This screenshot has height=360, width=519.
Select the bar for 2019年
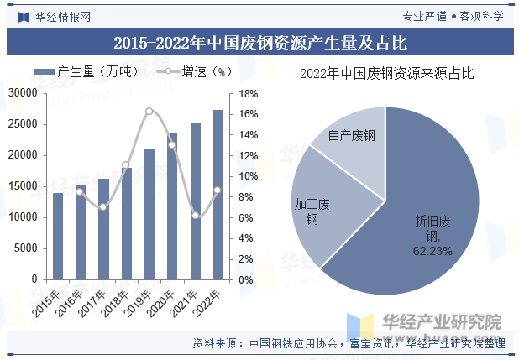149,214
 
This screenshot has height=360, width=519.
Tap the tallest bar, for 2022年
218,194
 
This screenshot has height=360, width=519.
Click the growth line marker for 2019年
149,112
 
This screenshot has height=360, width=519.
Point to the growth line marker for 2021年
196,216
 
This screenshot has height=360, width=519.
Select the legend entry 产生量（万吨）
82,73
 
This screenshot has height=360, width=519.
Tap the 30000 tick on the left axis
24,93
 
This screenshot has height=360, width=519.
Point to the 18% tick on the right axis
247,93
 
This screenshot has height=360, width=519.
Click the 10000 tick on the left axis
24,217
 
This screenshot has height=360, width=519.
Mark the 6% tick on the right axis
244,217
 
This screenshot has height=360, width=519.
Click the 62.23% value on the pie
432,250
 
